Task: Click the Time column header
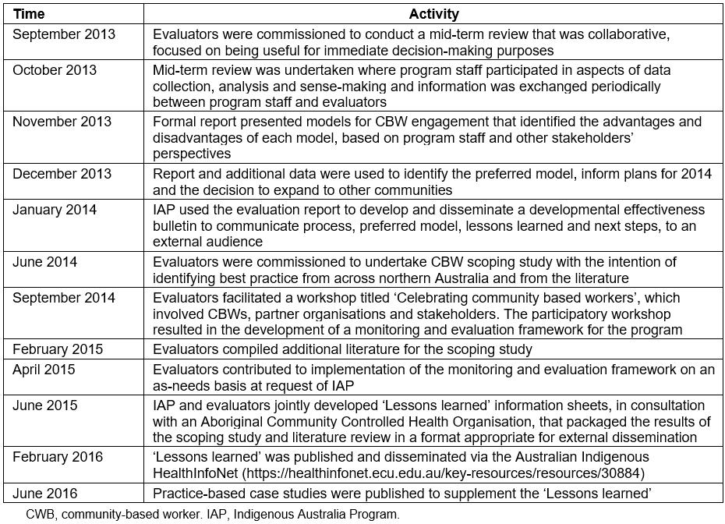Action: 28,14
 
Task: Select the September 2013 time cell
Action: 64,34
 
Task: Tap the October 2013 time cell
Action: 55,70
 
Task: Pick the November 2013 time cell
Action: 62,122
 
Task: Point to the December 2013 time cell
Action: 62,174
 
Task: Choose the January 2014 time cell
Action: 55,210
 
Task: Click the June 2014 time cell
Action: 45,261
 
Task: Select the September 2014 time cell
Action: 64,297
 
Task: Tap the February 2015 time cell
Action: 58,349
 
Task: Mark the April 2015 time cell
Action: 44,369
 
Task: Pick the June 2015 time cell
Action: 45,405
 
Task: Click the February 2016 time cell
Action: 58,457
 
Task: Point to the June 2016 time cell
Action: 45,493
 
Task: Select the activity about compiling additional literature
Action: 342,349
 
